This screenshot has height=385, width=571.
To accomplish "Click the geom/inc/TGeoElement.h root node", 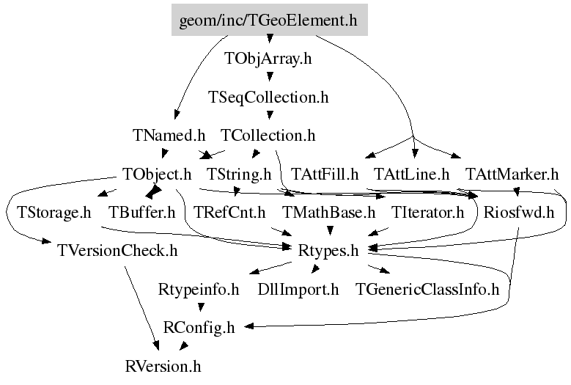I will pyautogui.click(x=269, y=21).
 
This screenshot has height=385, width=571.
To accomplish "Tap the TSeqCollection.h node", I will pyautogui.click(x=268, y=98).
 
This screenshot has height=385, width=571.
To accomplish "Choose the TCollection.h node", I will pyautogui.click(x=268, y=136).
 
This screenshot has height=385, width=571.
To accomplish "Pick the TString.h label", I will pyautogui.click(x=239, y=175).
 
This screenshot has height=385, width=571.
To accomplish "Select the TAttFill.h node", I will pyautogui.click(x=325, y=175).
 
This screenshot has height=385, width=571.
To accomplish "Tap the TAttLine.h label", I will pyautogui.click(x=411, y=175).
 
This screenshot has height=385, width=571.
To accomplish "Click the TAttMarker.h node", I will pyautogui.click(x=512, y=175).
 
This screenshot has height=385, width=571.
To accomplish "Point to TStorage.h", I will pyautogui.click(x=49, y=213).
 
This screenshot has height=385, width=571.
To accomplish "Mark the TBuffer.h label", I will pyautogui.click(x=142, y=213).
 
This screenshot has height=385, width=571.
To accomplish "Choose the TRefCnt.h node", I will pyautogui.click(x=229, y=213).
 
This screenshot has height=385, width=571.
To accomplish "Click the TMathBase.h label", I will pyautogui.click(x=328, y=213).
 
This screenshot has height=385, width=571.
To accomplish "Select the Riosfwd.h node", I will pyautogui.click(x=519, y=213).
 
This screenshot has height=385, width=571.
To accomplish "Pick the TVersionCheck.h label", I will pyautogui.click(x=117, y=252).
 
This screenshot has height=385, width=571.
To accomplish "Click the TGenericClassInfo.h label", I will pyautogui.click(x=427, y=290).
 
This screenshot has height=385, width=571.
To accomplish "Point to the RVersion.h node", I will pyautogui.click(x=163, y=365).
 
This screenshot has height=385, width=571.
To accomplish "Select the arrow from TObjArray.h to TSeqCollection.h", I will pyautogui.click(x=270, y=76).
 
